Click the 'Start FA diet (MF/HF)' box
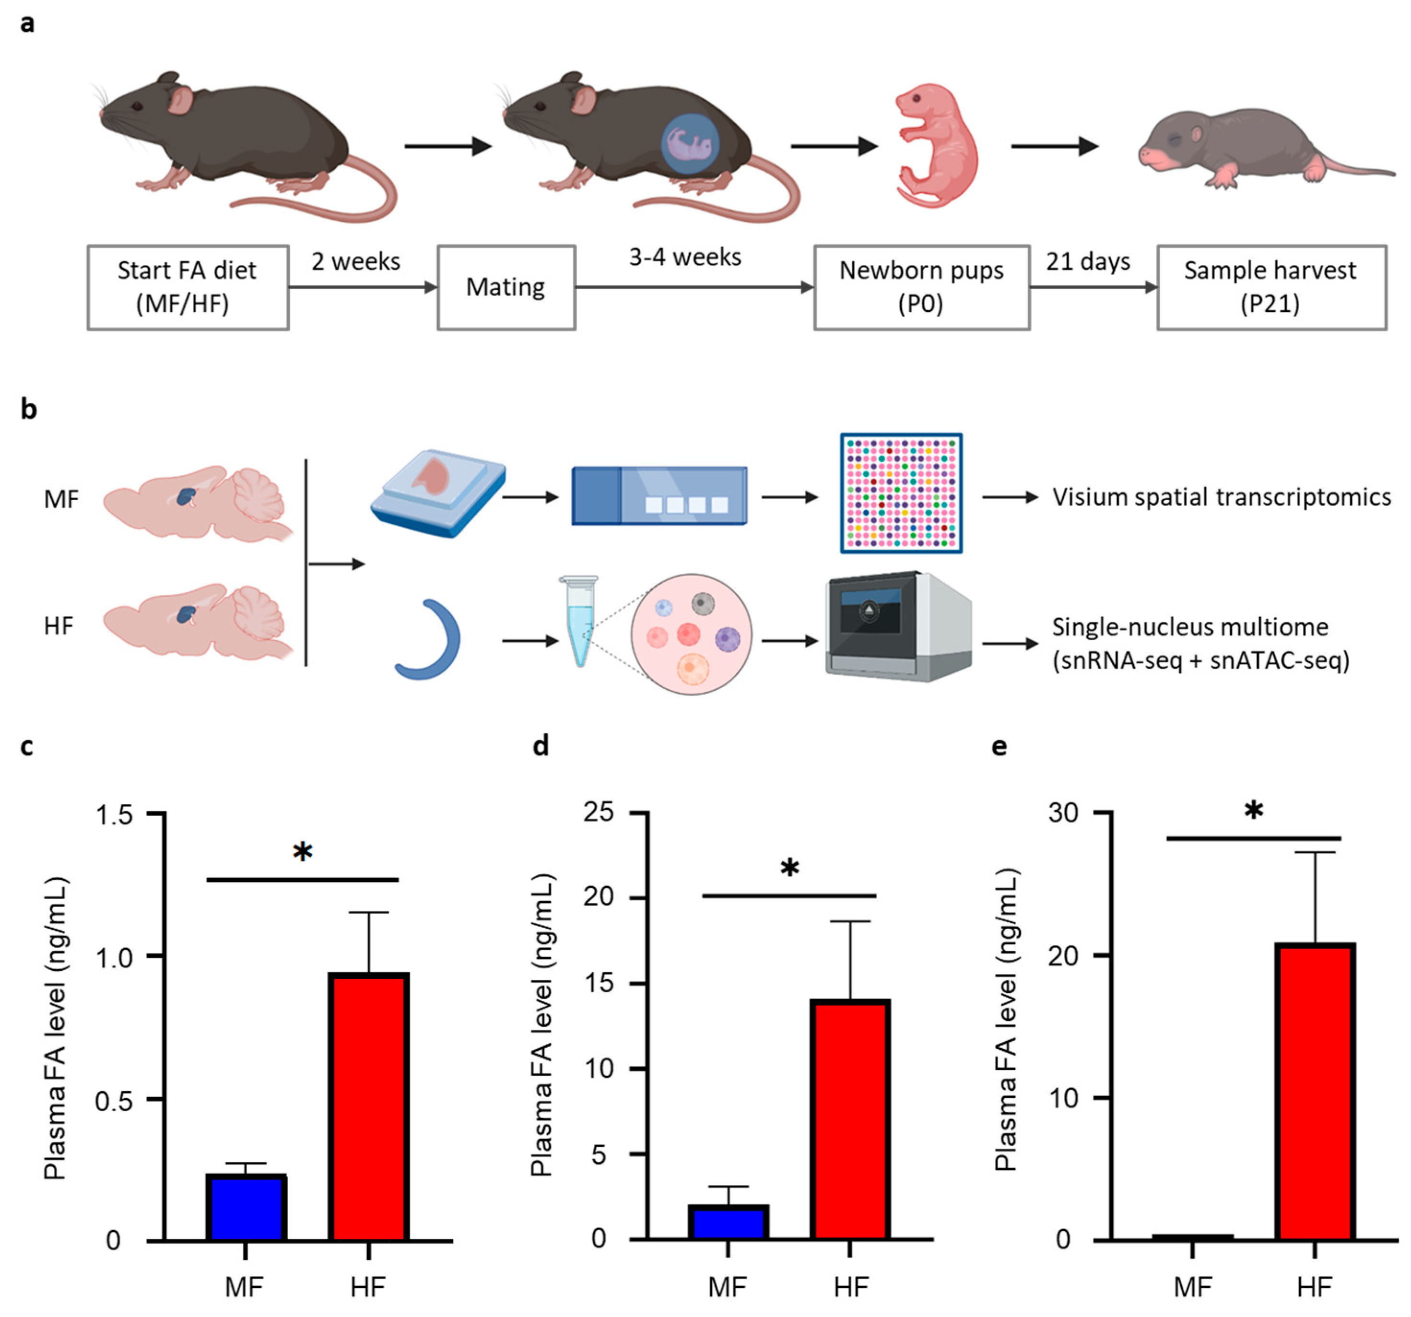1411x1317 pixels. pos(188,287)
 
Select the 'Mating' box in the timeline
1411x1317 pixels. pos(506,287)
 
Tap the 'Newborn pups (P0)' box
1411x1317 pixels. pos(921,287)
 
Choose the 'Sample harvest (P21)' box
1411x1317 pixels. pos(1271,287)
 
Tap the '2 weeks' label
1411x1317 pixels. pos(355,261)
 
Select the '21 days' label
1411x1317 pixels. pos(1087,261)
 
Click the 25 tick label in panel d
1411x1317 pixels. pos(599,811)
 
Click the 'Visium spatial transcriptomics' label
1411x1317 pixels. pos(1221,497)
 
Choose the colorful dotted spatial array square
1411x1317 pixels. pos(901,493)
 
